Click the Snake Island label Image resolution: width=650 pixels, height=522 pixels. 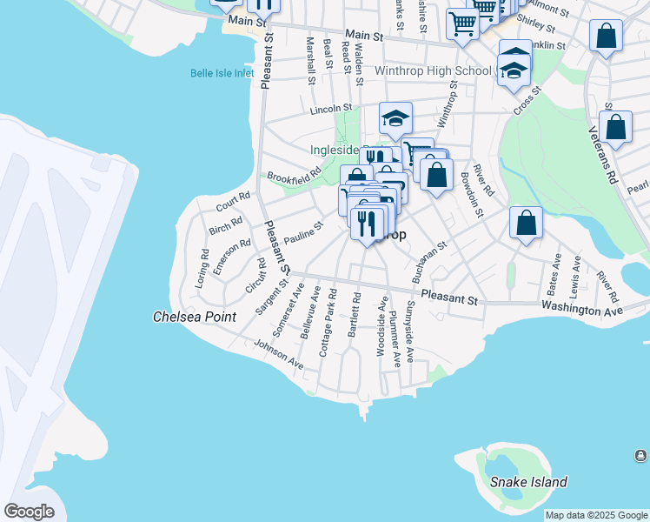click(528, 482)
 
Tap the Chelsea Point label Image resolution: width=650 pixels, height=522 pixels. click(194, 317)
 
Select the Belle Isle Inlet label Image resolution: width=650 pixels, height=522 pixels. click(222, 73)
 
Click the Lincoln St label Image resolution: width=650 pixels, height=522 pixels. click(331, 110)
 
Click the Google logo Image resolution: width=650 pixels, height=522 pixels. click(29, 512)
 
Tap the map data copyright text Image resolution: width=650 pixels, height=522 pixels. click(597, 515)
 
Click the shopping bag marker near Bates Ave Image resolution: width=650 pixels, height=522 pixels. click(526, 224)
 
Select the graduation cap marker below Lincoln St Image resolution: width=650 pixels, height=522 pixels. click(395, 119)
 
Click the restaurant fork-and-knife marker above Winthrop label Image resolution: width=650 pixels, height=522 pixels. click(367, 223)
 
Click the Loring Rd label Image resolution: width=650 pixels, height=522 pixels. click(202, 269)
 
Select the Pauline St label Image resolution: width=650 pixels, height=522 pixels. click(303, 233)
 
